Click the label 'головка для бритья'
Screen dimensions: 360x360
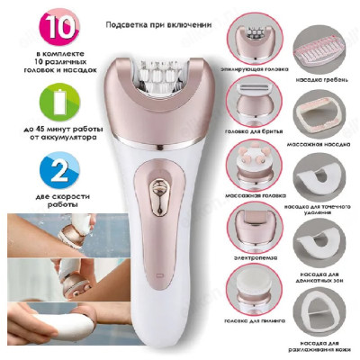256,134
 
